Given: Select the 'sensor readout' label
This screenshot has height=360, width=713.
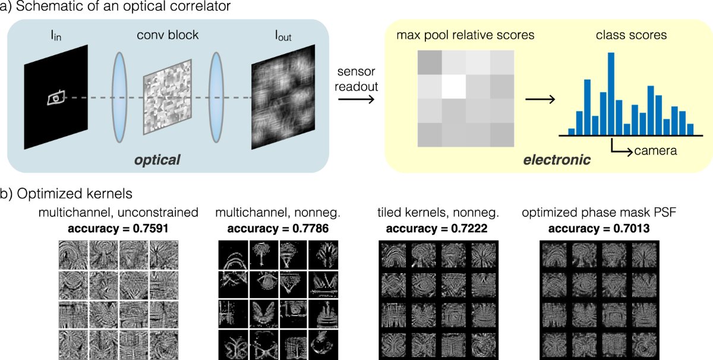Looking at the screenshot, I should coord(356,79).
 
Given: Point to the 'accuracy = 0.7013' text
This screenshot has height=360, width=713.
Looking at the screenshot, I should coord(598,227).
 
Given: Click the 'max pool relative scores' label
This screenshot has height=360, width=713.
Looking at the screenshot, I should coord(465,35).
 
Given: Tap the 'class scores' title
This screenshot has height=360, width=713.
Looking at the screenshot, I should coord(623,35).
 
